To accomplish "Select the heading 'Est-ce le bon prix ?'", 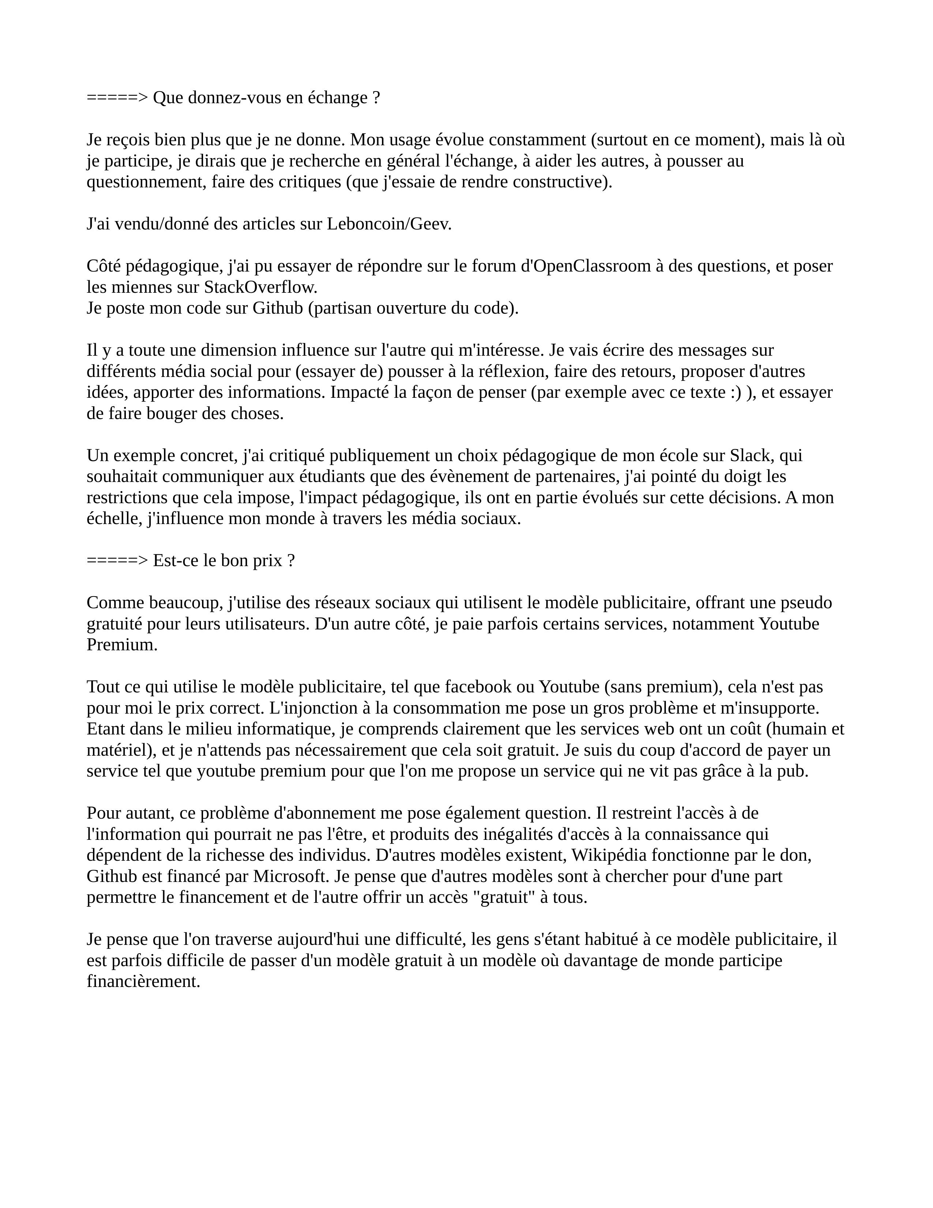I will tap(224, 561).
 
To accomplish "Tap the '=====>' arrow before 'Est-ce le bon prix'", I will tap(117, 561).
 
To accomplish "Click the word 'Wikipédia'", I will tap(609, 856).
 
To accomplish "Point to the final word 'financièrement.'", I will tap(143, 982).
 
